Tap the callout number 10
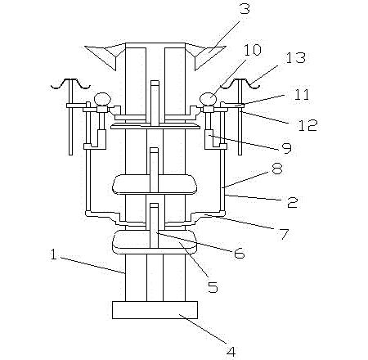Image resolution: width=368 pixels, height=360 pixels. pos(253,50)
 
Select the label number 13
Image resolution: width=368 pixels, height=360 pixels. pos(295,58)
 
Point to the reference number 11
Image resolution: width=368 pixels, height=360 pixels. pos(302,94)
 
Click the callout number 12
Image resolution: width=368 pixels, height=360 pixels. pos(308,125)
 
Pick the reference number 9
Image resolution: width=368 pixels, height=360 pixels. pos(286,148)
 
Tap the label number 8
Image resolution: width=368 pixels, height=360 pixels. pos(277,169)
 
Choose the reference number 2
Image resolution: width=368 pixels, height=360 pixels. pos(293,202)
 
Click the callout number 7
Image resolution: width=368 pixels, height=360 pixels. pos(284,234)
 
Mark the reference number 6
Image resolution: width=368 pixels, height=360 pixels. pos(240,254)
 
